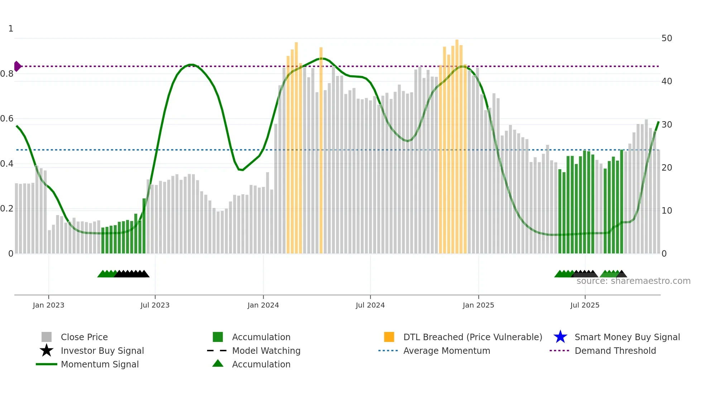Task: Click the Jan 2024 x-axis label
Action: [x=263, y=305]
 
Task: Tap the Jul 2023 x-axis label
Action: [x=155, y=305]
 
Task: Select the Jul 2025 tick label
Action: [x=585, y=305]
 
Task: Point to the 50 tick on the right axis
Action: [x=667, y=38]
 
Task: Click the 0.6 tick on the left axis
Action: [x=7, y=119]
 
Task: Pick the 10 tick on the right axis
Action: [x=667, y=211]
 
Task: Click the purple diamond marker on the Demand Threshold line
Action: [x=17, y=66]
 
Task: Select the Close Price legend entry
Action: [x=84, y=337]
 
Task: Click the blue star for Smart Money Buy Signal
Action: [x=560, y=337]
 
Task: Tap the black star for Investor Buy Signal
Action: [x=47, y=351]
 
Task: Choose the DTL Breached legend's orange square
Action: [x=389, y=337]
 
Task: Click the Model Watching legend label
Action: [x=266, y=351]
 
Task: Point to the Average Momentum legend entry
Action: [x=446, y=351]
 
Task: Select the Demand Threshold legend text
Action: [x=615, y=351]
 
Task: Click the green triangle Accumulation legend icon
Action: [x=218, y=364]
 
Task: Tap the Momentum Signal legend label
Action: [x=100, y=365]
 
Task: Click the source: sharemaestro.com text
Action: [x=633, y=281]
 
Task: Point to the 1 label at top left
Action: [x=11, y=29]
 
